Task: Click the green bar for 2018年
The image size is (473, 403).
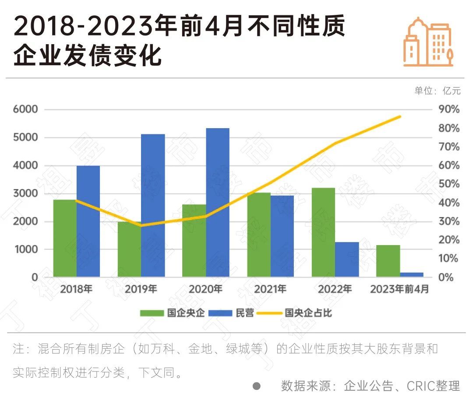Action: pos(65,238)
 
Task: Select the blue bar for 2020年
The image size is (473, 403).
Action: pos(218,202)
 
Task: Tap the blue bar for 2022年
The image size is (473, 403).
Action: pos(347,259)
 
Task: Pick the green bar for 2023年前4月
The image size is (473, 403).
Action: pos(388,261)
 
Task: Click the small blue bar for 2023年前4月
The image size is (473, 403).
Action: pos(412,274)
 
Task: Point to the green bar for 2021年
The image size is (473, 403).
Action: pos(259,235)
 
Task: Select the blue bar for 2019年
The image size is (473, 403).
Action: pos(153,205)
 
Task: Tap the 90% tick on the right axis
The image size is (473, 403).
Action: pos(449,109)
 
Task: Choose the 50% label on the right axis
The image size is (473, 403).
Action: pos(449,184)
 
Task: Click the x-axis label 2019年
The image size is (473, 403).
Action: pos(141,289)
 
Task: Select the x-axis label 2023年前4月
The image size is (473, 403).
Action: pos(399,289)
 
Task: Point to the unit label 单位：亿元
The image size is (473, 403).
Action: pos(438,91)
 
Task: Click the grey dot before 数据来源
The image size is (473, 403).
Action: pos(257,386)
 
